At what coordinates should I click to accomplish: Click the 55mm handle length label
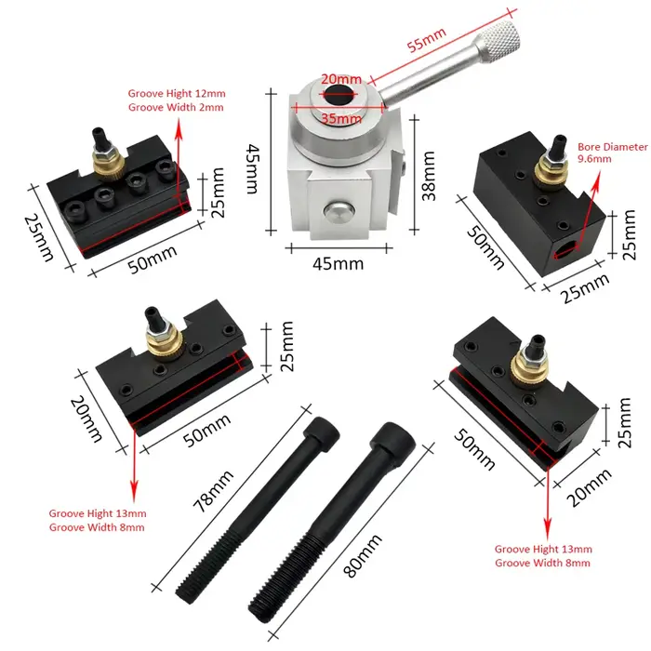[426, 39]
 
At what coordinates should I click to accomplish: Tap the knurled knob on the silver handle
[499, 40]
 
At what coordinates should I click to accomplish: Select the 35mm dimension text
[341, 119]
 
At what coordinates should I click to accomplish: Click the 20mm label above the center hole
[341, 78]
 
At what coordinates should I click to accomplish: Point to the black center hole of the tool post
[340, 95]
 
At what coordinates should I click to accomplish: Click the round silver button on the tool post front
[339, 213]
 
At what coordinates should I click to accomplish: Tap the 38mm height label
[429, 176]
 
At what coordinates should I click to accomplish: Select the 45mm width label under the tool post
[338, 263]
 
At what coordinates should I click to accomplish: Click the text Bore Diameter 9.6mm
[612, 153]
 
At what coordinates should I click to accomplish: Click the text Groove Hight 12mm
[177, 93]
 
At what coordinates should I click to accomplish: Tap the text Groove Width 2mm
[176, 107]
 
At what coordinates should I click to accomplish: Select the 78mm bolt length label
[213, 491]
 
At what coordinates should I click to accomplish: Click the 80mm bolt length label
[362, 555]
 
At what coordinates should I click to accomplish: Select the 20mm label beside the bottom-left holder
[86, 418]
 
